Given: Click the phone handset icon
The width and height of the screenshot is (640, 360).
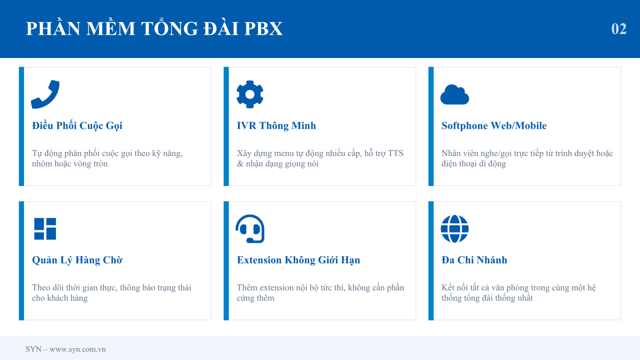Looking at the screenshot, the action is pyautogui.click(x=45, y=94).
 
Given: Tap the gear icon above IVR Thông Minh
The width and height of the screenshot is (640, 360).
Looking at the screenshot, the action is pyautogui.click(x=250, y=94).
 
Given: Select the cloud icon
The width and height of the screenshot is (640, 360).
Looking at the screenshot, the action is pyautogui.click(x=454, y=94).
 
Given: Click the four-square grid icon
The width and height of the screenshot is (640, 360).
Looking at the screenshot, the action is pyautogui.click(x=45, y=229).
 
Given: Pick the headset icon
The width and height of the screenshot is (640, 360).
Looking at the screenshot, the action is pyautogui.click(x=250, y=229).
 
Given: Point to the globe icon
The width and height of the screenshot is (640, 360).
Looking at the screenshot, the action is pyautogui.click(x=454, y=229).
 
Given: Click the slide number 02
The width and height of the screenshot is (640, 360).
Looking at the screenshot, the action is pyautogui.click(x=619, y=29).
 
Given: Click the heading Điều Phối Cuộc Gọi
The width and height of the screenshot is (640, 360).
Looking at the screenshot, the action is pyautogui.click(x=77, y=126).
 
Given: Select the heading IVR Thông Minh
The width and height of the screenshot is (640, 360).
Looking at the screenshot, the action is pyautogui.click(x=276, y=126).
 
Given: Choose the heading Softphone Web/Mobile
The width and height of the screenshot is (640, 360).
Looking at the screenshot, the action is pyautogui.click(x=494, y=126).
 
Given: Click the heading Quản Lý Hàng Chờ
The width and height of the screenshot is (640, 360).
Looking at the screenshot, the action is pyautogui.click(x=77, y=260).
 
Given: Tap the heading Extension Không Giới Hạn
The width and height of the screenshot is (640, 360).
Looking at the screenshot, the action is pyautogui.click(x=298, y=260).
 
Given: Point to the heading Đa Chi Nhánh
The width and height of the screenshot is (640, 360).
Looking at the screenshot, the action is pyautogui.click(x=474, y=260).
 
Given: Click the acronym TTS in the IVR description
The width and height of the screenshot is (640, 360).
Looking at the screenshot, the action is pyautogui.click(x=396, y=154).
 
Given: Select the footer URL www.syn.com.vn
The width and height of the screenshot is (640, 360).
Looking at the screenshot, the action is pyautogui.click(x=78, y=349).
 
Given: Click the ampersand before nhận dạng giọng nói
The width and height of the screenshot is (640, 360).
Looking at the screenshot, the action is pyautogui.click(x=240, y=164).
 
